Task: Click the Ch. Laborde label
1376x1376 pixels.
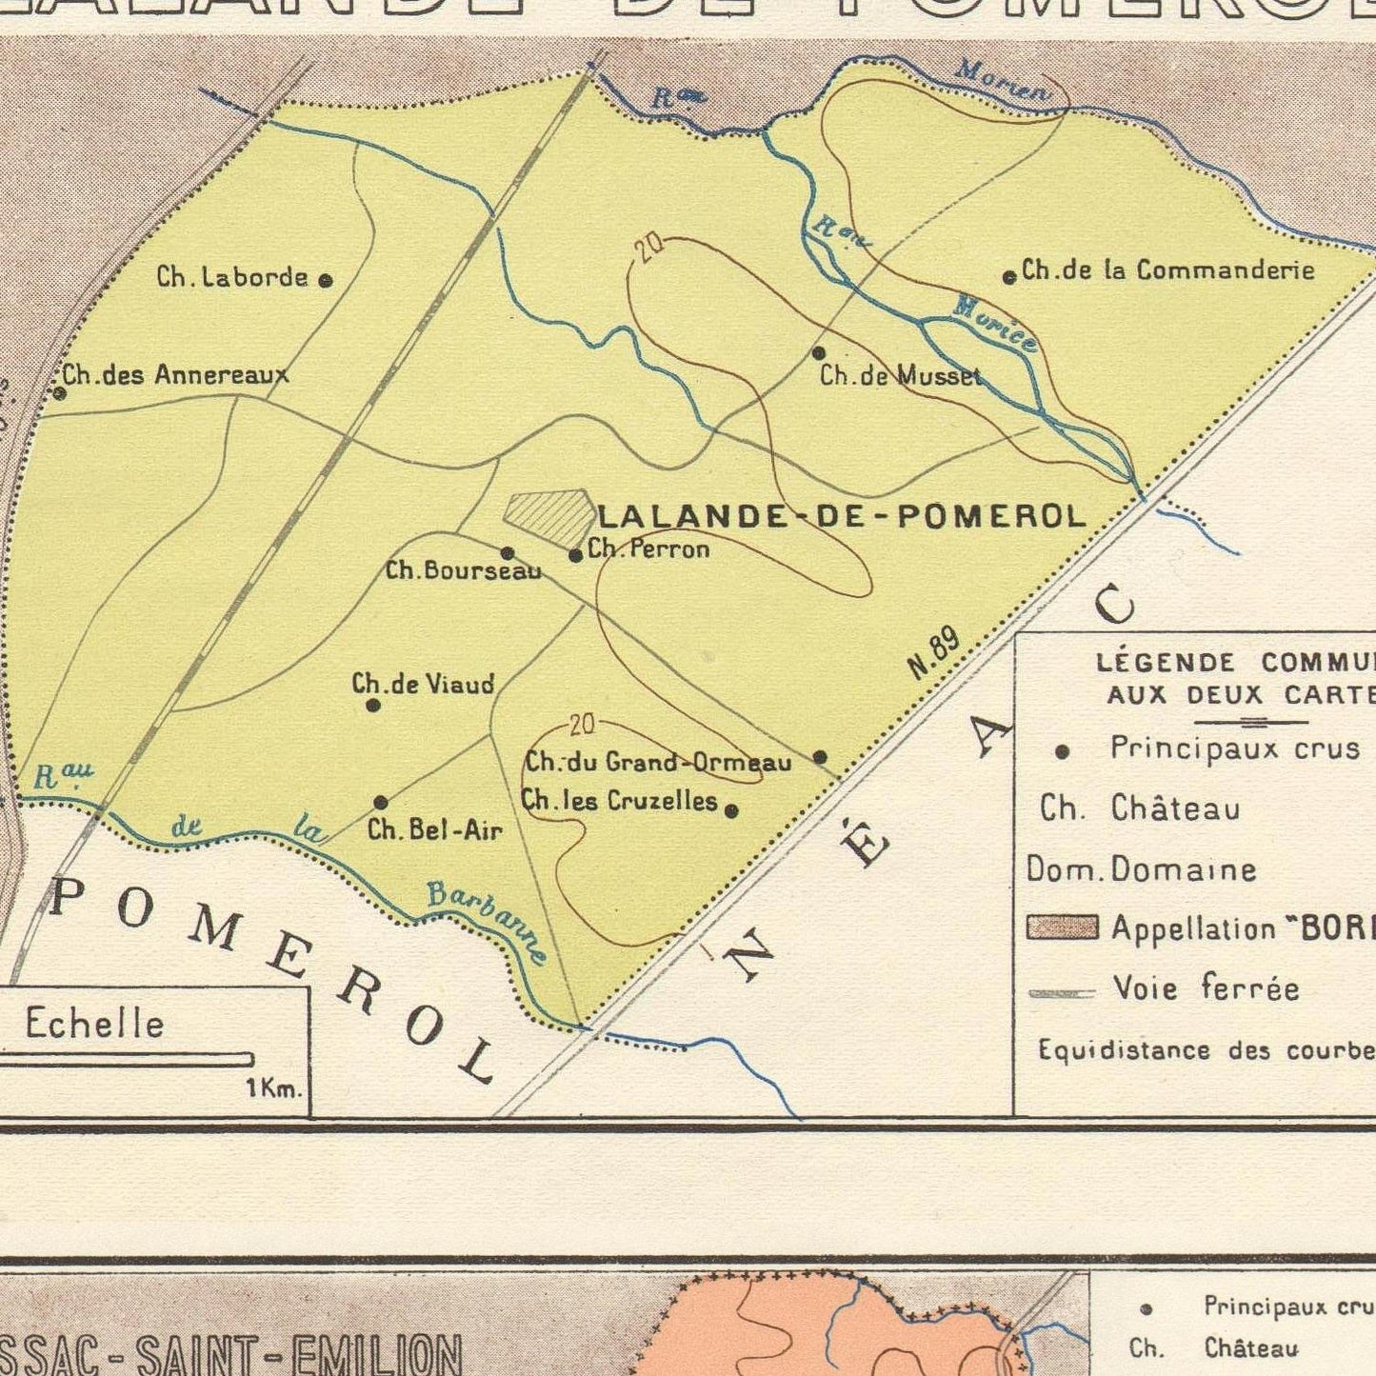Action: point(232,277)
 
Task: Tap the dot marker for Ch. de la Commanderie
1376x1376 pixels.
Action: point(1009,278)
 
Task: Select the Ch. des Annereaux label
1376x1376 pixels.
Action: point(175,375)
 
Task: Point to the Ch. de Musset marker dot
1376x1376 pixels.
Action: point(818,353)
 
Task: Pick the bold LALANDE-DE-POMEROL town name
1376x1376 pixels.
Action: point(841,516)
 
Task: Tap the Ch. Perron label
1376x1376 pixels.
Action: point(648,548)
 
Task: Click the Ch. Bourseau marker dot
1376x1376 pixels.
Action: point(508,553)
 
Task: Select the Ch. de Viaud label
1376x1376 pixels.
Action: point(423,684)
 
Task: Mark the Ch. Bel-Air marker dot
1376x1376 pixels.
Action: point(381,803)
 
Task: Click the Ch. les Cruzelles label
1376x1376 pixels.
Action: point(619,801)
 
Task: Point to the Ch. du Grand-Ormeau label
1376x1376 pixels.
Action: point(658,762)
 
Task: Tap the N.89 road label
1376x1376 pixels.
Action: point(934,655)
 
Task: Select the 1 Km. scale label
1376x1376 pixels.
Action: point(274,1088)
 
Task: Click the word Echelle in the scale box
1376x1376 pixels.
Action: point(94,1025)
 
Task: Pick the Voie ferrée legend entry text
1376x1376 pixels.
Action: point(1206,988)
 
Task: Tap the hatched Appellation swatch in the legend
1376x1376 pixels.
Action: point(1062,928)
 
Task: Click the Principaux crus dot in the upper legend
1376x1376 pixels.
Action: point(1063,752)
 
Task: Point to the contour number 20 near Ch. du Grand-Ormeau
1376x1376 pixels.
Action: point(582,726)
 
